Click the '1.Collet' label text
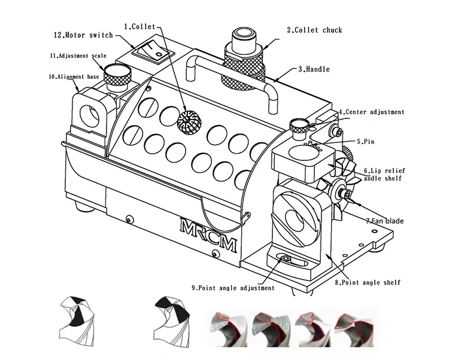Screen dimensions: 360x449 click(x=138, y=27)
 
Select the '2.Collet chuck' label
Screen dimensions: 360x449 click(x=314, y=30)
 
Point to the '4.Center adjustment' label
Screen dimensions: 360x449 click(x=371, y=112)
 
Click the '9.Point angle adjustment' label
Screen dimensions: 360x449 click(x=233, y=288)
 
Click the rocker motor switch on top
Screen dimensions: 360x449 click(x=153, y=52)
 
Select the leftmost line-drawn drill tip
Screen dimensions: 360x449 click(x=78, y=320)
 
